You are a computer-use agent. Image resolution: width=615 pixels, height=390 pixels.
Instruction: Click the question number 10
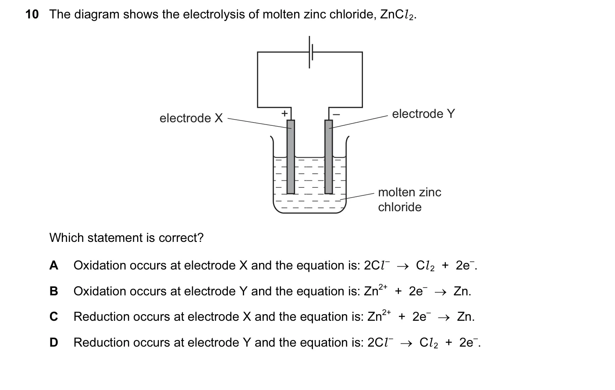[32, 14]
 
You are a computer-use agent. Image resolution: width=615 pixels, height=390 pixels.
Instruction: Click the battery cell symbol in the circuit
[311, 52]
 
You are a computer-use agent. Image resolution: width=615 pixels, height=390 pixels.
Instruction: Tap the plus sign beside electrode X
[285, 113]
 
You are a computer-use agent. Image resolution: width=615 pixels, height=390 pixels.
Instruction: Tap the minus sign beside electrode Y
[337, 114]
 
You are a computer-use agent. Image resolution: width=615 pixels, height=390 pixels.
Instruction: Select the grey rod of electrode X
[291, 157]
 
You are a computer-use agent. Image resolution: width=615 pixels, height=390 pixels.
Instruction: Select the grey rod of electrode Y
[329, 157]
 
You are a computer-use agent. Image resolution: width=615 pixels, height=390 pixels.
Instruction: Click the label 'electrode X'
[191, 118]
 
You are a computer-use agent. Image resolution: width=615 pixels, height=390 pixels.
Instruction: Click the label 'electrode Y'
[423, 113]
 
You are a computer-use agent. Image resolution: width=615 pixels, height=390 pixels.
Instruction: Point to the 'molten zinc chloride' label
[409, 199]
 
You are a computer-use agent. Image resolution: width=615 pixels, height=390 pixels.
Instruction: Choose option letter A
[54, 266]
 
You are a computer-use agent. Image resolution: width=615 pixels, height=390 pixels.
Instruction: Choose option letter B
[54, 291]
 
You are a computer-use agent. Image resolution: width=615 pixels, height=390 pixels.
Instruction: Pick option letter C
[54, 317]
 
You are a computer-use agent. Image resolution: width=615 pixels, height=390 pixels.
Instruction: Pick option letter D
[54, 343]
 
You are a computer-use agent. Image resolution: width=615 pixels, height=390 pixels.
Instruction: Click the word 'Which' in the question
[67, 238]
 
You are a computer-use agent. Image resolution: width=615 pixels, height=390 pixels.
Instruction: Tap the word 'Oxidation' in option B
[100, 291]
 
